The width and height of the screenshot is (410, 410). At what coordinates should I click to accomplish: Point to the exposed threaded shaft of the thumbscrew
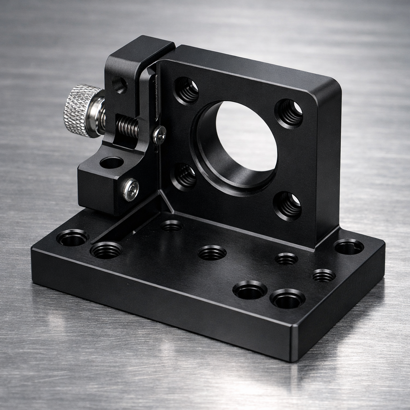pos(127,126)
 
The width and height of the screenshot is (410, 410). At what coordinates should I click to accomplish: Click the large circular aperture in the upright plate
pos(245,136)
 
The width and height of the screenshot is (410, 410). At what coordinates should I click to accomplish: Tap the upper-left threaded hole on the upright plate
pos(187,90)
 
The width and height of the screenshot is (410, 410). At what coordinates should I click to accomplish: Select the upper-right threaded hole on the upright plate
pos(289,113)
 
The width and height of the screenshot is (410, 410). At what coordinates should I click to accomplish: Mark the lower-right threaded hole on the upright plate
pos(288,205)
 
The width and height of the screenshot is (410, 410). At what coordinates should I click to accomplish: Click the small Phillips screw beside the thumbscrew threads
pos(159,135)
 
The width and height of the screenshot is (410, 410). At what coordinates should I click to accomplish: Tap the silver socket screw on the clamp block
pos(131,189)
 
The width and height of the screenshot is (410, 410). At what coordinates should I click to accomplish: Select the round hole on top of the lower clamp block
pos(112,163)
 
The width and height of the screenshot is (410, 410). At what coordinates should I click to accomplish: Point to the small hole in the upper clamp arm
pos(119,85)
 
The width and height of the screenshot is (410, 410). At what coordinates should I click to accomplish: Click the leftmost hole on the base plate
pos(72,238)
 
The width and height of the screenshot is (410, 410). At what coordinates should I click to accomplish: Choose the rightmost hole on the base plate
pos(349,247)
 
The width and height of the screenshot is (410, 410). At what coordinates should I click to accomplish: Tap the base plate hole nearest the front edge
pos(287,299)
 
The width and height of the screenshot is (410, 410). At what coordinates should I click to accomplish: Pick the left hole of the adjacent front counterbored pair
pos(250,290)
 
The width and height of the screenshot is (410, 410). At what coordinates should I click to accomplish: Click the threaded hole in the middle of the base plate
pos(212,253)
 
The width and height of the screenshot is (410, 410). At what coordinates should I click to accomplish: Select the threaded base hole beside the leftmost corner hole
pos(106,250)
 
